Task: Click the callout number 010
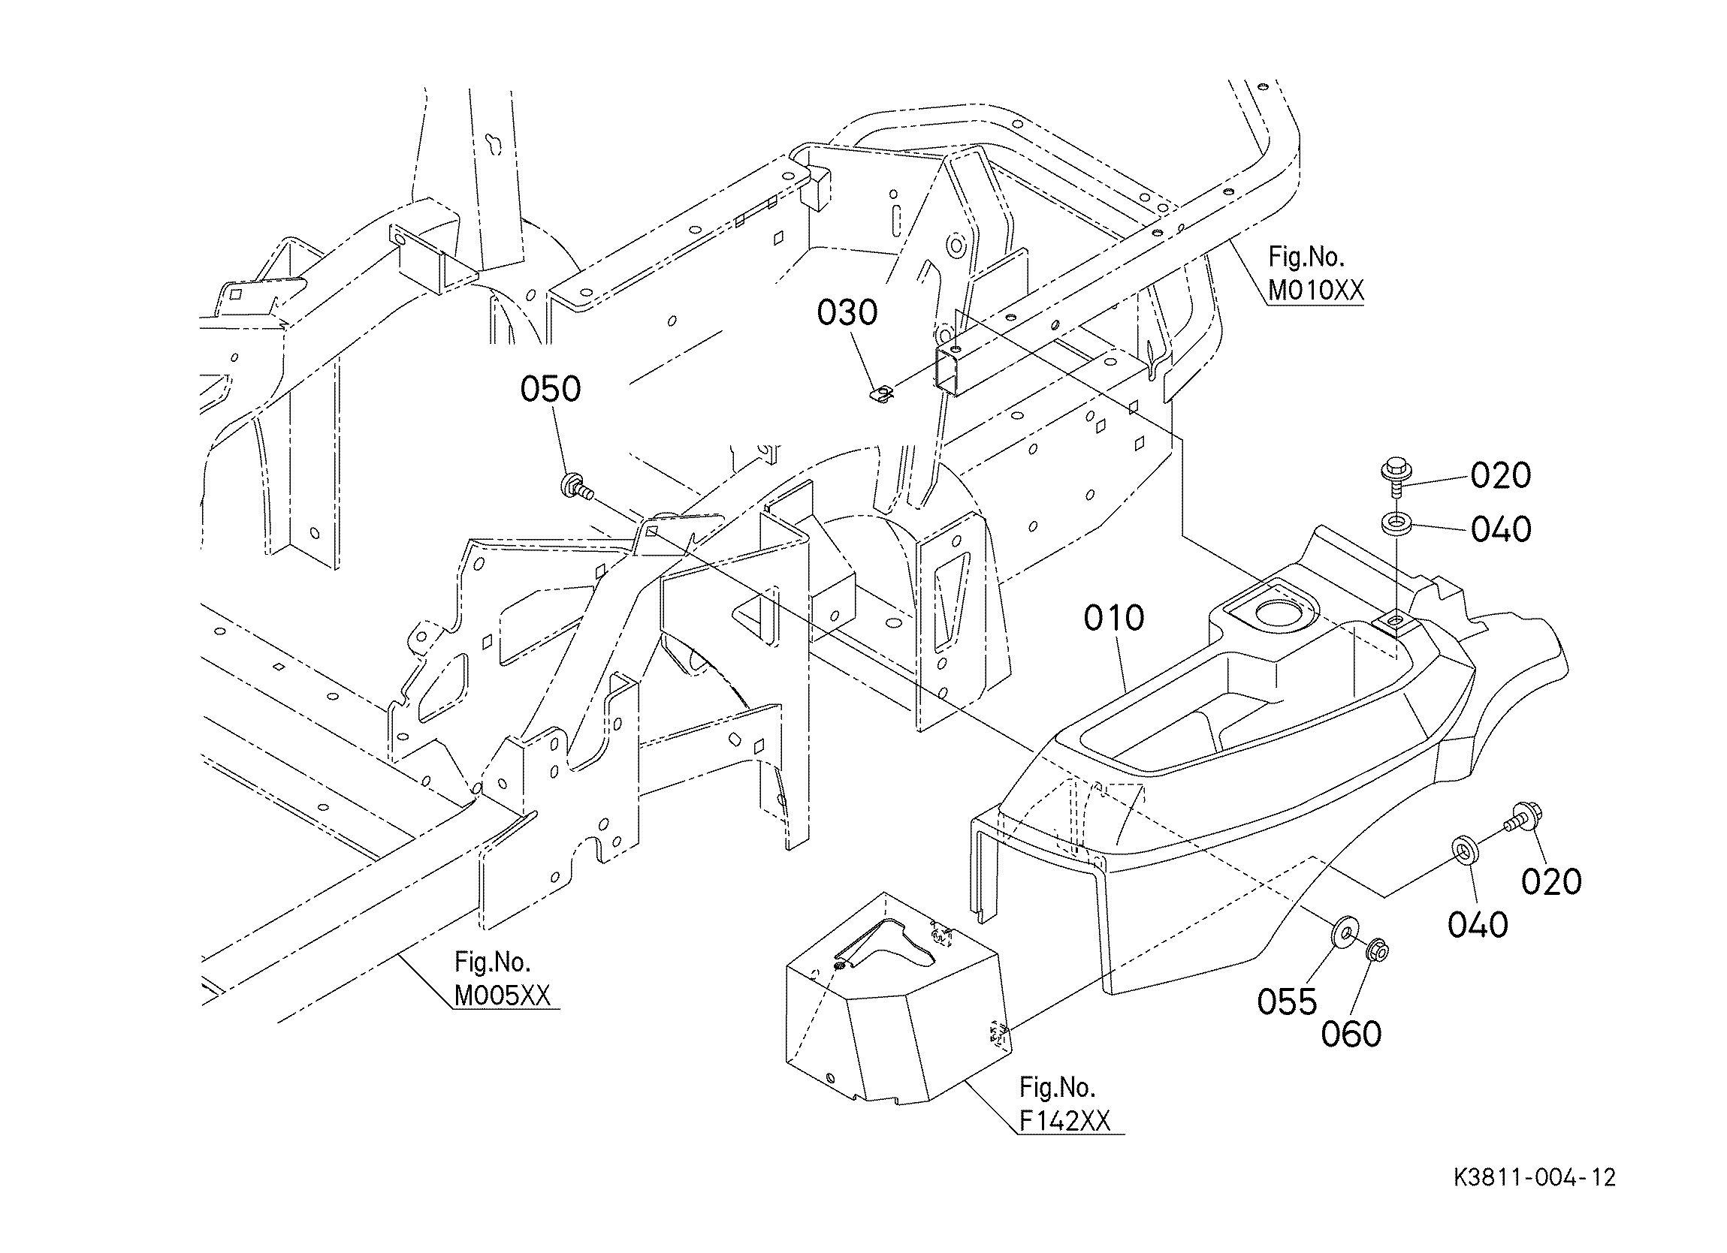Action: [x=1113, y=618]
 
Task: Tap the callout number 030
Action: [x=847, y=313]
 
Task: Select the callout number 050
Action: [x=550, y=389]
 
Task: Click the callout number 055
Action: [x=1286, y=1001]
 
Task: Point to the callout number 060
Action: [x=1351, y=1034]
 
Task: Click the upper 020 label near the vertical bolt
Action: [x=1500, y=476]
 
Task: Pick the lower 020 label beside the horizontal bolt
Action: [x=1551, y=881]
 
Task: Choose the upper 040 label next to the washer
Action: [x=1500, y=530]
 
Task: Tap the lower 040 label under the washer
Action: [x=1478, y=925]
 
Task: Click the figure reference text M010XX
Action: [x=1315, y=290]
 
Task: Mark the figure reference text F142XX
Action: [x=1064, y=1121]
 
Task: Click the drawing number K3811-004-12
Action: [x=1535, y=1179]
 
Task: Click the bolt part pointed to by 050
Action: [x=575, y=486]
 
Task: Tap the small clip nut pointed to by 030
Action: [x=881, y=395]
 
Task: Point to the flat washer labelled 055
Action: [x=1345, y=932]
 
